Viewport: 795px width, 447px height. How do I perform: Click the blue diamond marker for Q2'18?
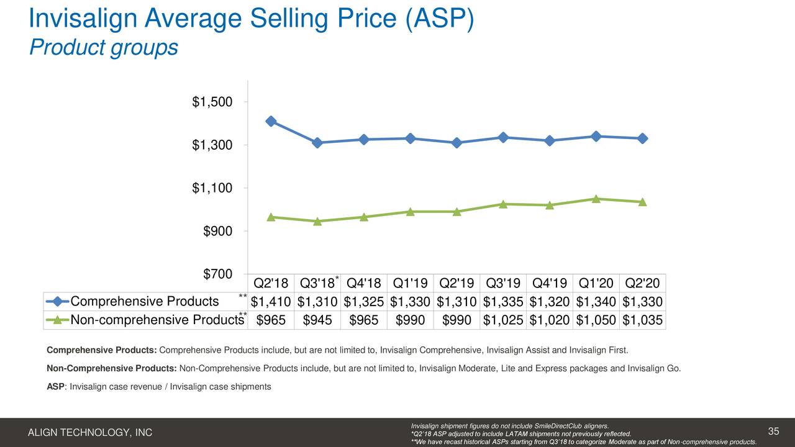click(x=271, y=121)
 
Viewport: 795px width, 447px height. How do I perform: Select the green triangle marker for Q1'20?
click(x=596, y=199)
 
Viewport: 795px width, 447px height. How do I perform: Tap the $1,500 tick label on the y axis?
click(x=212, y=102)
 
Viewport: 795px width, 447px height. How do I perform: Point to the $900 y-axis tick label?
click(x=217, y=232)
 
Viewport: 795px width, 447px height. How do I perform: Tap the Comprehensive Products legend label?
click(x=145, y=302)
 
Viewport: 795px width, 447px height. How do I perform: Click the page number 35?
click(x=773, y=431)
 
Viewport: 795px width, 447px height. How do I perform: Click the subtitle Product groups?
click(x=103, y=47)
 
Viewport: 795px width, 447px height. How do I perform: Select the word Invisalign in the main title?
click(x=83, y=18)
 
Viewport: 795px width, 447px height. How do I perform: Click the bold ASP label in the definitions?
click(x=57, y=387)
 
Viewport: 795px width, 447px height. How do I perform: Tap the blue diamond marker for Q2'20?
click(x=642, y=138)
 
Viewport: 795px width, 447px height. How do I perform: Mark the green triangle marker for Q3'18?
click(x=317, y=221)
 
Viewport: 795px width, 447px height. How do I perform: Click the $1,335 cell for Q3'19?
click(x=503, y=302)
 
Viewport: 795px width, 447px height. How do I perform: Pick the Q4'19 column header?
click(x=549, y=283)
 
